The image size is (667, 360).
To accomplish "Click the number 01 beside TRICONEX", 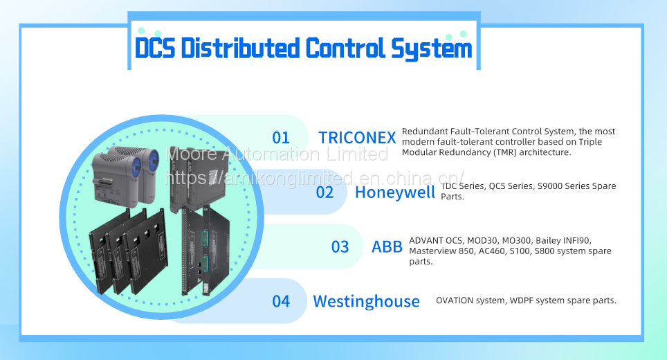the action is point(281,138).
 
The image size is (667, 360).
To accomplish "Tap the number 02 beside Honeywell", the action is point(325,192).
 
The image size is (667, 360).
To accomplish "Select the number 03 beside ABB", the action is point(340,247).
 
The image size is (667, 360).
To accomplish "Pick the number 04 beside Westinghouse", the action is point(281,301).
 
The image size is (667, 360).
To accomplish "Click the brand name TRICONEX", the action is point(357,138).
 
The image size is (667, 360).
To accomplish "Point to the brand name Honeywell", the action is point(395,192).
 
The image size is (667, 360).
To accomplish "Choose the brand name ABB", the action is point(387,247).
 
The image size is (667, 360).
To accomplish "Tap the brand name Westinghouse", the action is point(366,302).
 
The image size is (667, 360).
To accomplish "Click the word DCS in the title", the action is point(155,48).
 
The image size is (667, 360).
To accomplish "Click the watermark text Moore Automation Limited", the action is point(277,154).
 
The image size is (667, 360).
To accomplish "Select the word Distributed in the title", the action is point(240,48).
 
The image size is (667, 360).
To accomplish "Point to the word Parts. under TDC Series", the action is point(453,197).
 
